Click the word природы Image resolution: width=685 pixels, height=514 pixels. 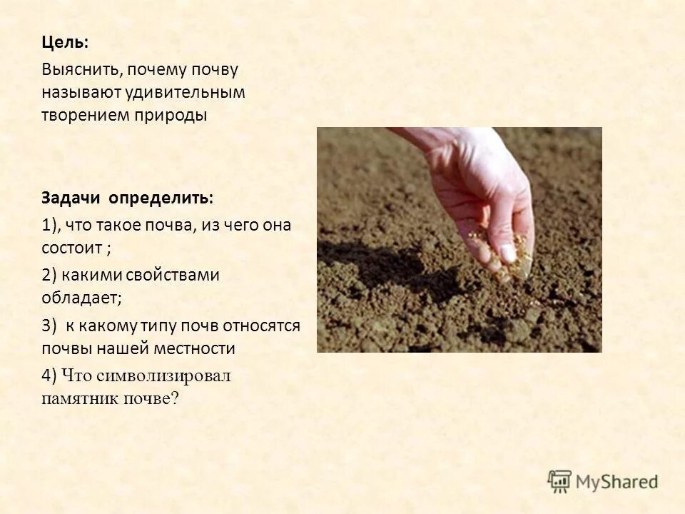171,116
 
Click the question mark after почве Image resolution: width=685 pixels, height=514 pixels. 176,399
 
